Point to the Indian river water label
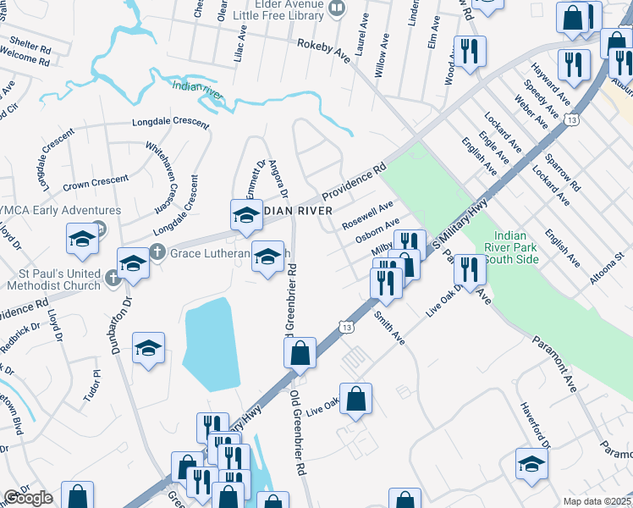point(197,91)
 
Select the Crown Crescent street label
point(96,180)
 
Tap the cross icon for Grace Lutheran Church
point(157,252)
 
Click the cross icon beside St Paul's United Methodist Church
point(113,277)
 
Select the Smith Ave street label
point(389,327)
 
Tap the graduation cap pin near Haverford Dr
point(531,463)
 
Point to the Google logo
point(28,498)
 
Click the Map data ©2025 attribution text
point(597,501)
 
